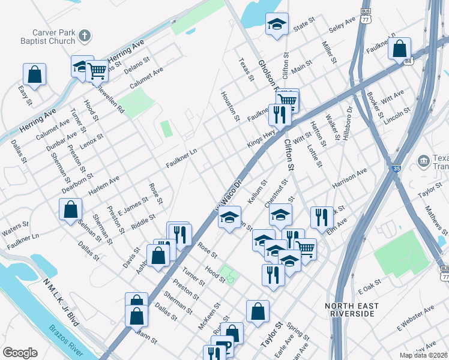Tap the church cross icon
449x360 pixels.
85,35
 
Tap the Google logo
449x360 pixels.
20,353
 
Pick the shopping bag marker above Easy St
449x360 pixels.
34,75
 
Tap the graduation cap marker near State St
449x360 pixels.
277,25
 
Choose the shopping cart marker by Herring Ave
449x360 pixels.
97,70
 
